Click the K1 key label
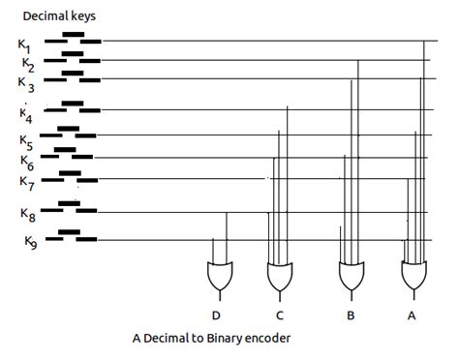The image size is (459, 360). click(x=24, y=45)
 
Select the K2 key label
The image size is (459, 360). click(x=27, y=66)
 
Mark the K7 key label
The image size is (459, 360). click(x=26, y=182)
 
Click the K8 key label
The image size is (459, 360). click(x=26, y=213)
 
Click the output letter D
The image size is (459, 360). click(x=218, y=315)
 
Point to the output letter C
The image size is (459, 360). click(x=279, y=315)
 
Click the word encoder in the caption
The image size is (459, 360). click(x=262, y=339)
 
